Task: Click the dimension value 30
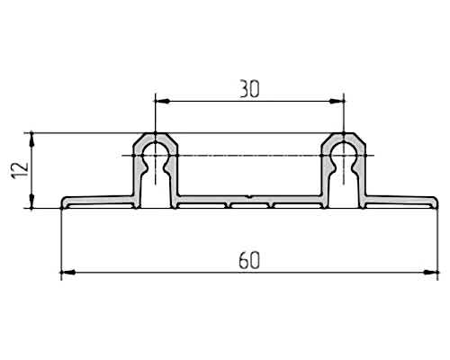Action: [x=249, y=89]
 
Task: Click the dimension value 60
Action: [x=249, y=260]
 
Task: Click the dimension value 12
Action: [x=20, y=170]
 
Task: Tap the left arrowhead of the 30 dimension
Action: [x=162, y=102]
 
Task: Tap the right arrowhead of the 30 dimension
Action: [x=337, y=102]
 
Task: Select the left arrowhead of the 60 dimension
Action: [x=68, y=273]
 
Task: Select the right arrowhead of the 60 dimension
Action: [x=431, y=273]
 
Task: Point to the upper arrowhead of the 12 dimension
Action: [x=31, y=139]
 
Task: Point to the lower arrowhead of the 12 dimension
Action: [x=31, y=201]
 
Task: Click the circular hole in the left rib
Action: [x=155, y=152]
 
